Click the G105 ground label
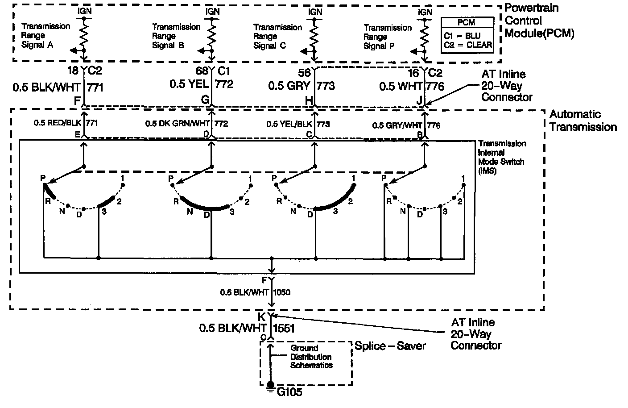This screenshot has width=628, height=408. pos(289,393)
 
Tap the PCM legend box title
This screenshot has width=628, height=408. pos(467,22)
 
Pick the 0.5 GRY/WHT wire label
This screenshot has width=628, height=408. pos(397,125)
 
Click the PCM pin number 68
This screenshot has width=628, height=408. pos(202,71)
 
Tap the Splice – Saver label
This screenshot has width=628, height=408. pos(390,346)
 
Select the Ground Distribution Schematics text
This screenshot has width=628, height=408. pos(311,357)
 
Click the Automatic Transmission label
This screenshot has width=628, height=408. pos(583,121)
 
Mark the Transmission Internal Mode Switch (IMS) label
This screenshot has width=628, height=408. pos(501,157)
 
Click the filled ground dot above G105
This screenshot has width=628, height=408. pos(270,384)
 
